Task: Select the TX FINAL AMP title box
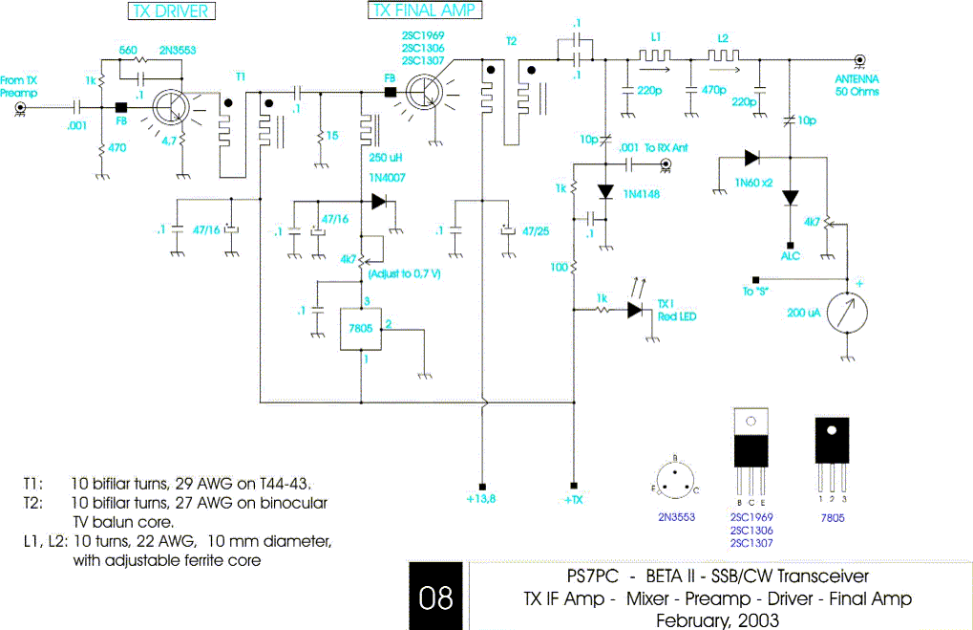pos(424,11)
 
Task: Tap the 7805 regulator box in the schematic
pos(361,330)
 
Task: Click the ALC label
pos(790,256)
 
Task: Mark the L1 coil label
pos(656,35)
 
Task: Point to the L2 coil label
pos(723,35)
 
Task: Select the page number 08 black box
pos(436,597)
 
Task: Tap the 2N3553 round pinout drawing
pos(675,477)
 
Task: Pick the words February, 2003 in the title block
pos(717,619)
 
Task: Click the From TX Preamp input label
pos(19,87)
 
